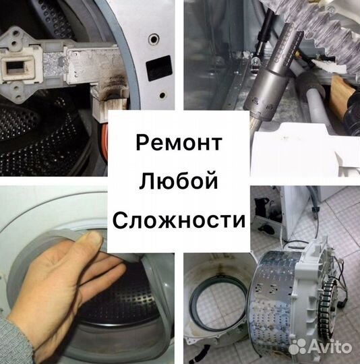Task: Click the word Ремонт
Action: click(179, 143)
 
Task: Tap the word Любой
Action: click(179, 181)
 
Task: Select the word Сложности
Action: click(179, 219)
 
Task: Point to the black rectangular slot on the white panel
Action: click(158, 69)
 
